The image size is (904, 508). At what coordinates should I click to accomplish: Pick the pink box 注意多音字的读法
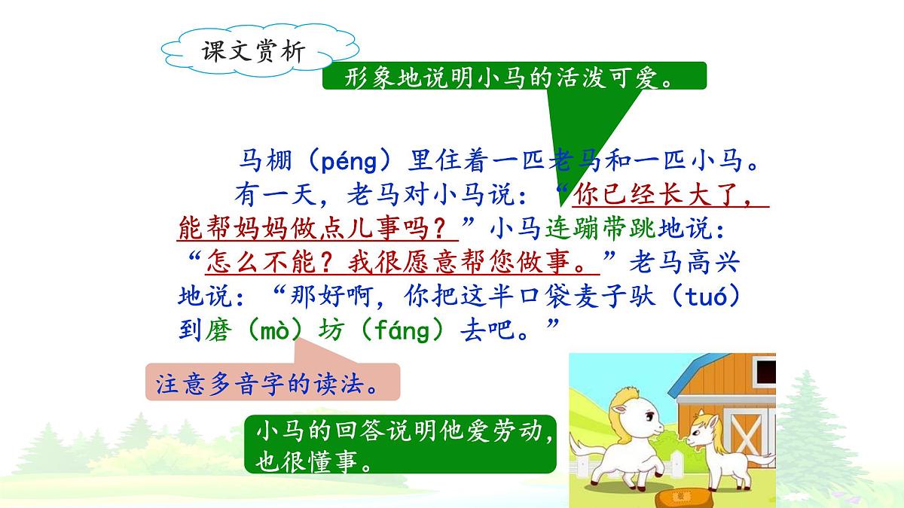271,384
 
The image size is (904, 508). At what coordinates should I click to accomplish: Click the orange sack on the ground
678,496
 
